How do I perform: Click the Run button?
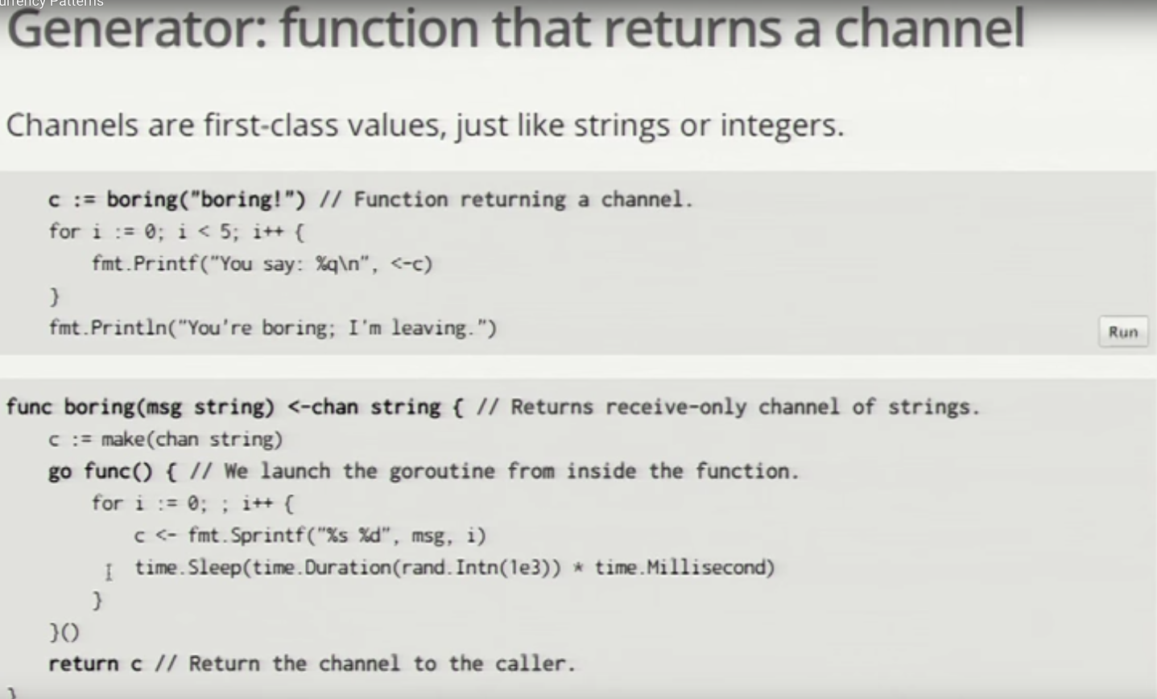coord(1123,332)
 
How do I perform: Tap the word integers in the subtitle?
coord(782,126)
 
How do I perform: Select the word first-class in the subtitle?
coord(271,125)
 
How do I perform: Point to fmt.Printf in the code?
coord(145,263)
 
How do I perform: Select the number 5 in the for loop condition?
coord(225,231)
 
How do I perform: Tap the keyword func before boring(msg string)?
coord(29,407)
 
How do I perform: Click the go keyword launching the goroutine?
coord(60,472)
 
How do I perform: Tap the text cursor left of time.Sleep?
coord(109,572)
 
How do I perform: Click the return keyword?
coord(83,664)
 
